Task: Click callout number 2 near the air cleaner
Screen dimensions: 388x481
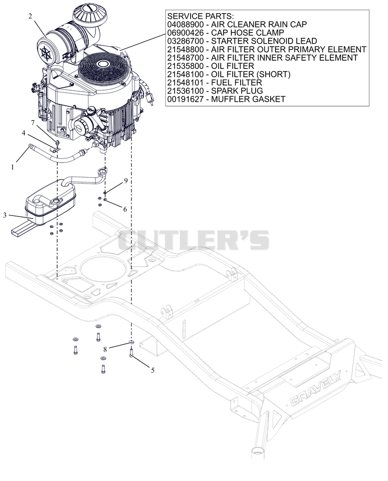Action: (x=30, y=16)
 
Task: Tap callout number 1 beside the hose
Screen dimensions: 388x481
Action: (x=13, y=167)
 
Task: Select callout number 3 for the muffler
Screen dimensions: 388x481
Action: (x=4, y=216)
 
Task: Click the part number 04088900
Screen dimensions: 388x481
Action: (x=185, y=24)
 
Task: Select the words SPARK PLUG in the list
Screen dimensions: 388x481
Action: (x=237, y=91)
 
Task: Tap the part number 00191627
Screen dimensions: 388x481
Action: (x=185, y=99)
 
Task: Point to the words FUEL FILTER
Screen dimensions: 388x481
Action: (x=237, y=83)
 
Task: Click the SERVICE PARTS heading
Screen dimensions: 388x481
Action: (x=200, y=16)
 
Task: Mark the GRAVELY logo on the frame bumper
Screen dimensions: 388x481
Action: (x=315, y=388)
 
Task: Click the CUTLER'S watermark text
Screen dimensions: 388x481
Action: (x=194, y=240)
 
